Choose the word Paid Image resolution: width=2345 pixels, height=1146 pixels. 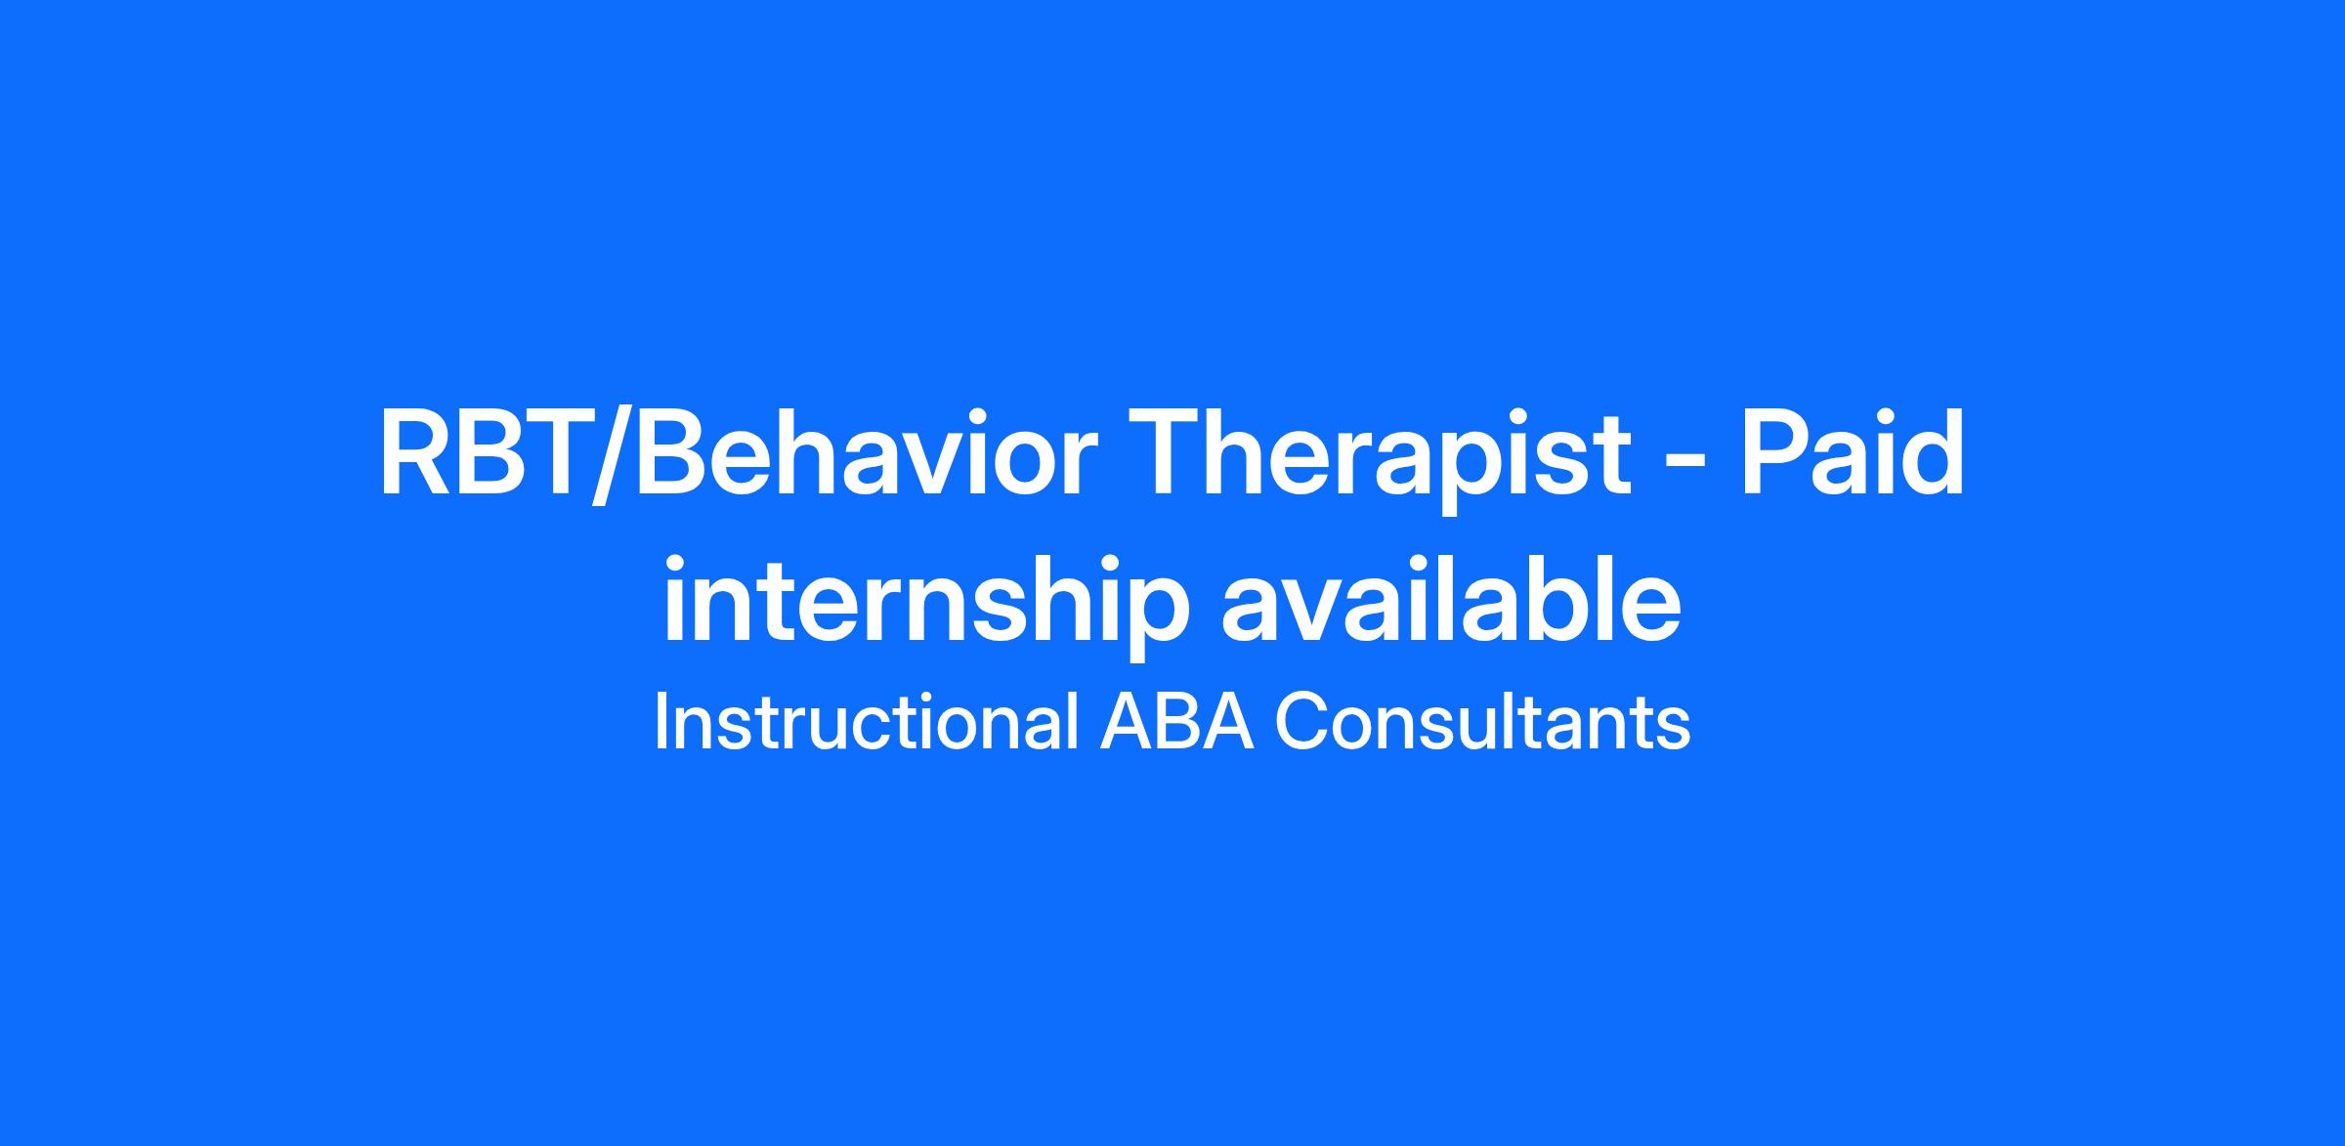[x=1854, y=453]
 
